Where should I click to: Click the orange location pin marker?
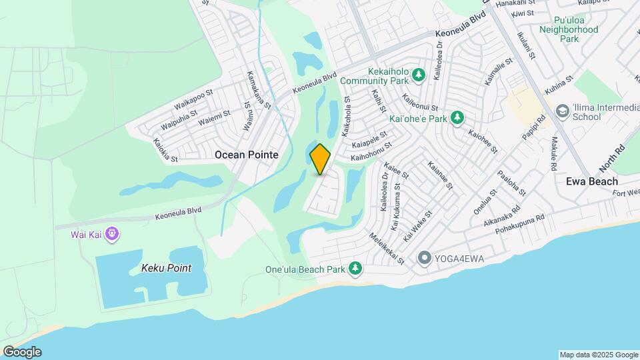(321, 158)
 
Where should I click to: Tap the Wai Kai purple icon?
(111, 234)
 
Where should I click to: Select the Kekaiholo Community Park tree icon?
(419, 75)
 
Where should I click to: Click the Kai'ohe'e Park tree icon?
(457, 119)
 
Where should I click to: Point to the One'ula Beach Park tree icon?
(356, 269)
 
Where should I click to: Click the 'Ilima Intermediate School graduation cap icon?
(562, 111)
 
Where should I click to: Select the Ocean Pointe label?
(246, 155)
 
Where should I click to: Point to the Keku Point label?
(166, 269)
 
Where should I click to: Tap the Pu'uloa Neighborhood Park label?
(569, 29)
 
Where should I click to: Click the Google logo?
(22, 351)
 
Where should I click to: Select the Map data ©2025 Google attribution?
(599, 355)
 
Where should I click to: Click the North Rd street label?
(613, 158)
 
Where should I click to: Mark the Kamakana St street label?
(259, 90)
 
